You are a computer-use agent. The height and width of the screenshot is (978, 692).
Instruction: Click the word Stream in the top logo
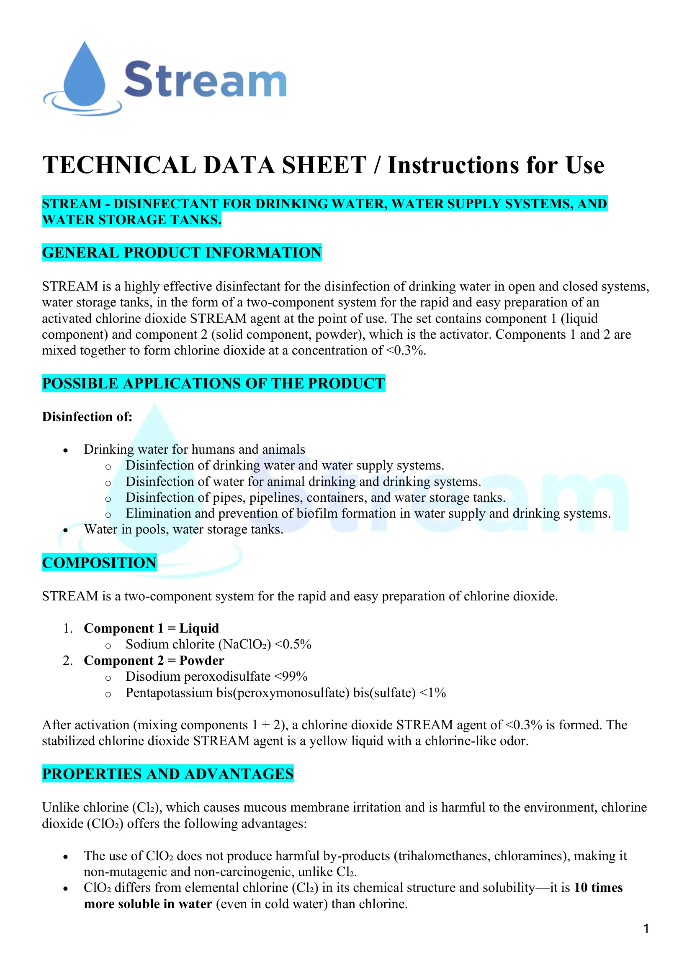(x=205, y=80)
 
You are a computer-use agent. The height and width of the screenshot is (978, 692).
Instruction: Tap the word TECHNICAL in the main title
(x=119, y=165)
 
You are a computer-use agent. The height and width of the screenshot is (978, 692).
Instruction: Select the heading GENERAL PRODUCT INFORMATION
(x=182, y=253)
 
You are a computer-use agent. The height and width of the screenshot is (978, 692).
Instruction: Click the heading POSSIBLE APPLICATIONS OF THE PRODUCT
(x=213, y=383)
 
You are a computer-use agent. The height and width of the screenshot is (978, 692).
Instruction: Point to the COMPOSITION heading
(x=99, y=563)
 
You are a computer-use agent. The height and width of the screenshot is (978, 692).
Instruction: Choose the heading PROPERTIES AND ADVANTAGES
(x=167, y=774)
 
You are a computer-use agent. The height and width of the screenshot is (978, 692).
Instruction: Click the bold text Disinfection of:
(x=87, y=416)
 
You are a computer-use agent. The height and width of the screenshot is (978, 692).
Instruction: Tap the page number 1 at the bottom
(x=646, y=929)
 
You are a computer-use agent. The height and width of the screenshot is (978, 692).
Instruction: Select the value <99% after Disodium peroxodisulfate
(x=291, y=677)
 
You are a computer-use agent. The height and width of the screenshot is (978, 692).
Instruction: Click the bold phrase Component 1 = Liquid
(x=152, y=628)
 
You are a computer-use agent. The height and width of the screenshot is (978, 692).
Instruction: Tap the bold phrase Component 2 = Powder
(x=154, y=661)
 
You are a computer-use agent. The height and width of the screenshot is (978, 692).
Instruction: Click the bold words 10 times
(x=598, y=888)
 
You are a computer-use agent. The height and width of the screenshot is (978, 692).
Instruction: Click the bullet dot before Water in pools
(x=66, y=531)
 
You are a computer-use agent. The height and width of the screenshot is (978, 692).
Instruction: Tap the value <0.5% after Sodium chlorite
(x=293, y=644)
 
